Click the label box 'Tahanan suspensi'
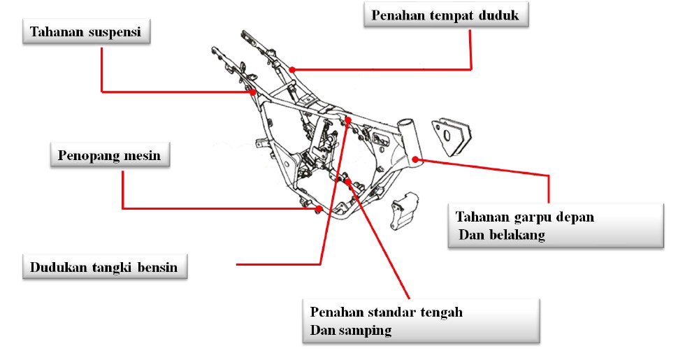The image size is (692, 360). coord(87,32)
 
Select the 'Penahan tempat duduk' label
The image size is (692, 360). coord(445,15)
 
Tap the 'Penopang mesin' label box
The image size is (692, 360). coord(109,154)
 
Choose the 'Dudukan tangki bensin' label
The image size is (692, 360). coord(104,268)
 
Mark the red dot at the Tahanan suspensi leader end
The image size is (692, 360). coord(252,91)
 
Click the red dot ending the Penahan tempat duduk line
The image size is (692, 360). coord(292,69)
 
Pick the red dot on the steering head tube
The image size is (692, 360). coord(416,159)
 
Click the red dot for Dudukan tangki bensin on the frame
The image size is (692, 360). coord(348,120)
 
